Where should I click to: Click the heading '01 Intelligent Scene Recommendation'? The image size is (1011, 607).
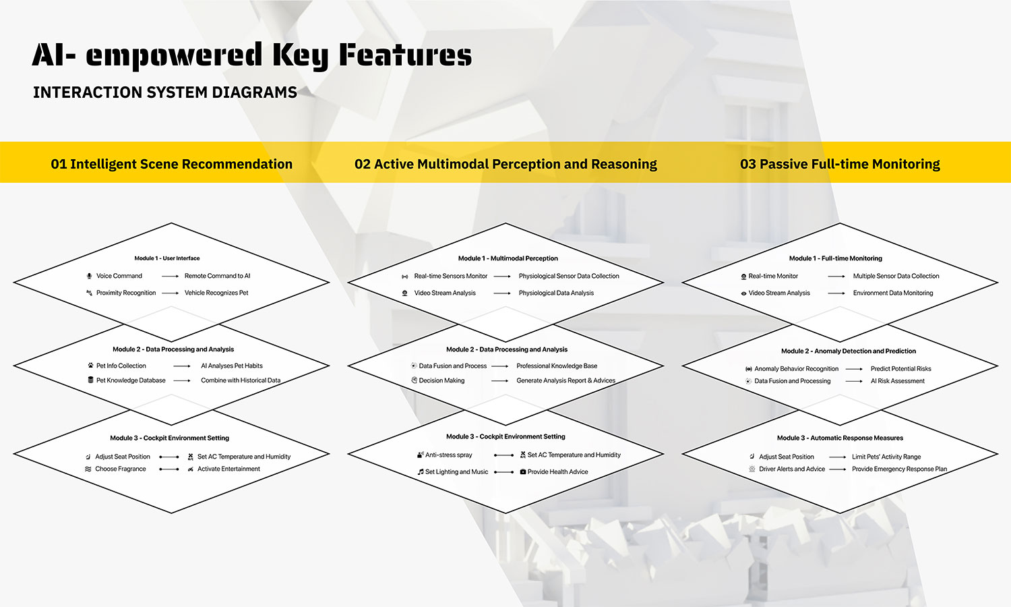(171, 164)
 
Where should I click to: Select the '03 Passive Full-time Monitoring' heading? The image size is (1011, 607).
(840, 164)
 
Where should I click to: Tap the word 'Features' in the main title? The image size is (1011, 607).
(405, 55)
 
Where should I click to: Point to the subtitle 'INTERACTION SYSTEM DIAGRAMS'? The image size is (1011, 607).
(164, 92)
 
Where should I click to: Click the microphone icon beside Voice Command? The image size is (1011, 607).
(90, 276)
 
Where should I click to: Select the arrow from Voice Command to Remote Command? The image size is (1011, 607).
(170, 276)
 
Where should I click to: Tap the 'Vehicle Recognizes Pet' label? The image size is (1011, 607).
(216, 293)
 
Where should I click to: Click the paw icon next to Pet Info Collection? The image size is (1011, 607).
(91, 366)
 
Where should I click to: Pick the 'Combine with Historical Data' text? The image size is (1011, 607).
(241, 380)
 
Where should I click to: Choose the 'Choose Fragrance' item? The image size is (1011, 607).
(121, 469)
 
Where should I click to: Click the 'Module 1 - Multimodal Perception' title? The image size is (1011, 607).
(508, 258)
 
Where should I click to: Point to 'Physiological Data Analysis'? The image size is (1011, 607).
(556, 293)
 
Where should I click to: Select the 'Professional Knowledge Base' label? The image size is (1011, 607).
(557, 366)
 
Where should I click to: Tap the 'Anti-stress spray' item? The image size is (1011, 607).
(449, 455)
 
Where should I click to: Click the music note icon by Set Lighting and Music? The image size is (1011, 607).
(421, 471)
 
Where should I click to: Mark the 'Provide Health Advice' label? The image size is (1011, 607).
(558, 471)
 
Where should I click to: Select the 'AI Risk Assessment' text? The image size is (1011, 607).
(898, 381)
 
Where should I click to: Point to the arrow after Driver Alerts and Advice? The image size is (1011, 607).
(838, 469)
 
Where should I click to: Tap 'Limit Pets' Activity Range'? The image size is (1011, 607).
(886, 457)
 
